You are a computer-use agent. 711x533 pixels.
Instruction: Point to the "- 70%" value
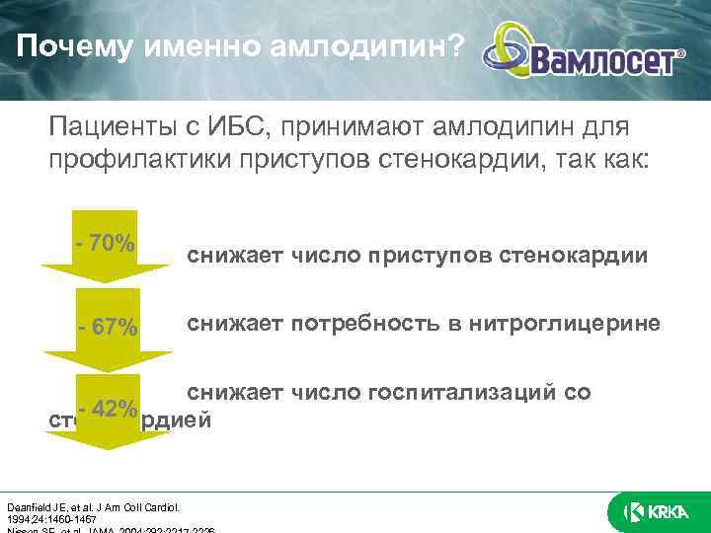(105, 243)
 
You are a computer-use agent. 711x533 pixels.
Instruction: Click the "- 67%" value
(109, 327)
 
